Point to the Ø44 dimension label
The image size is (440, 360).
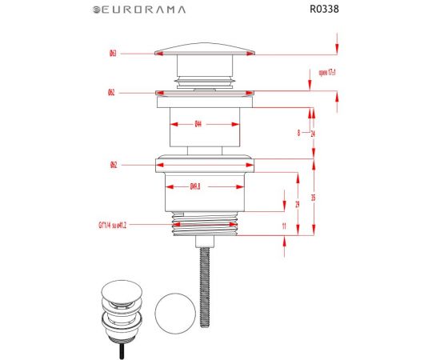pos(197,124)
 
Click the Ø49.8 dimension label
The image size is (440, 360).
pos(194,187)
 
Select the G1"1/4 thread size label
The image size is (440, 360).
pos(107,226)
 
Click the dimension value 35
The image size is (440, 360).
pos(313,197)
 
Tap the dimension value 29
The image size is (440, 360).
pos(298,205)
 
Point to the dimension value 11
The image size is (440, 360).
pos(285,227)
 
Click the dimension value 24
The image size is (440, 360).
pos(312,134)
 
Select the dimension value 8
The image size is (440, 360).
pos(298,134)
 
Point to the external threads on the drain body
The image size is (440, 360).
pos(207,226)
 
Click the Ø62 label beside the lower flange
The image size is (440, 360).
pos(114,166)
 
